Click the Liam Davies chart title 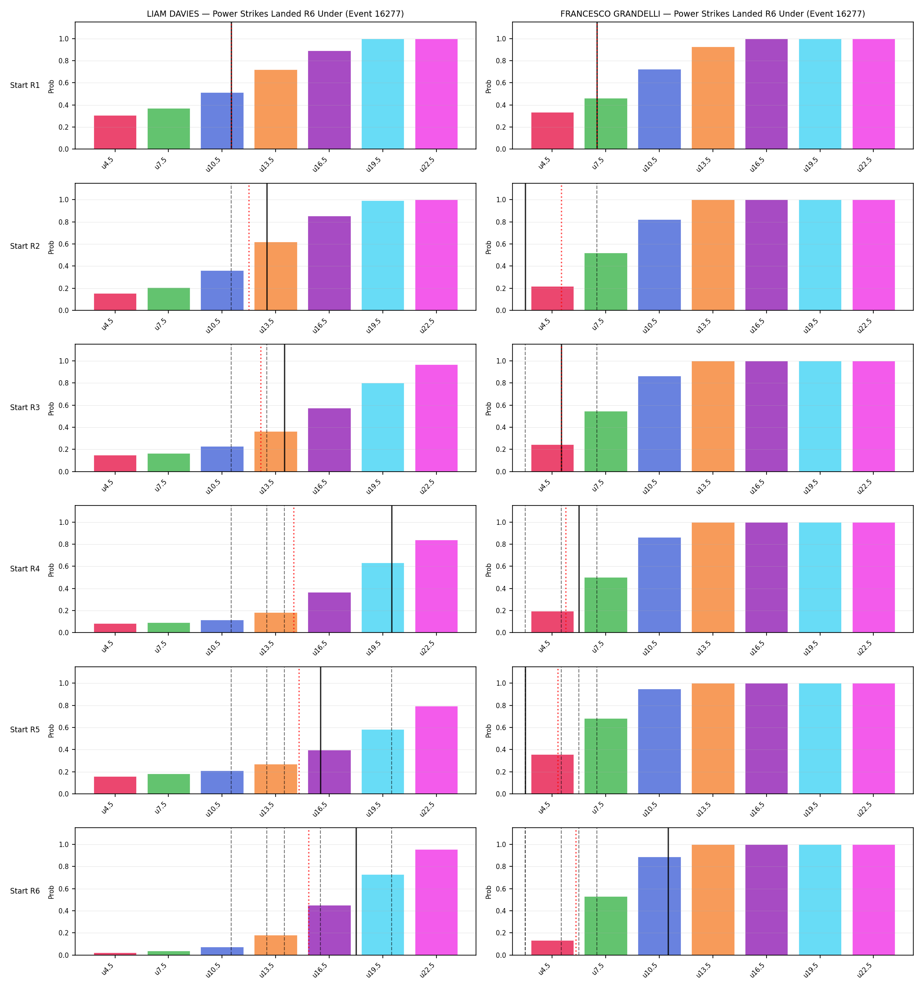coord(275,14)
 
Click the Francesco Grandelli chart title coord(712,14)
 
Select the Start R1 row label coord(25,85)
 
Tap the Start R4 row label coord(25,569)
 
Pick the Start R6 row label coord(25,891)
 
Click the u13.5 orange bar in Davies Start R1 coord(276,109)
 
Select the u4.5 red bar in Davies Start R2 coord(115,302)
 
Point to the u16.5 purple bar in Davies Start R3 coord(329,440)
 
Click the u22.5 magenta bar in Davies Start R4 coord(436,586)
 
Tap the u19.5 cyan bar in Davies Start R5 coord(383,762)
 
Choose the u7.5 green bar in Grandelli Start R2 coord(606,282)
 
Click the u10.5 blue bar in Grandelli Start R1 coord(659,109)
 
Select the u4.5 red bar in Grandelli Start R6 coord(552,948)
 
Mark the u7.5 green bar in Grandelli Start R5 coord(606,756)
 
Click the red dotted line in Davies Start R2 coord(249,247)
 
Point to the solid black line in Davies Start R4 coord(392,569)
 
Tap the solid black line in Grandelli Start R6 coord(668,891)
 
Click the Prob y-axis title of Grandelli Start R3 coord(488,408)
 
